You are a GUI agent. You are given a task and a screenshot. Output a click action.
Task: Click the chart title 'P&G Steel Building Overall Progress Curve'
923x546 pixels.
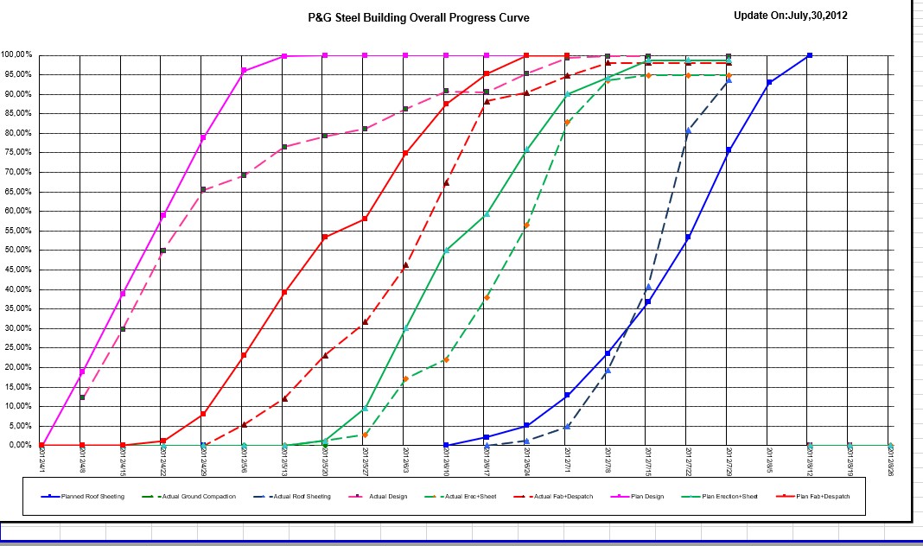(x=419, y=17)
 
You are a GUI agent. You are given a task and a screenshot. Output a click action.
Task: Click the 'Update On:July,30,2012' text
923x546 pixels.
(x=790, y=16)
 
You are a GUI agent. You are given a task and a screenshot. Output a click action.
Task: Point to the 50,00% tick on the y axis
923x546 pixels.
(x=17, y=250)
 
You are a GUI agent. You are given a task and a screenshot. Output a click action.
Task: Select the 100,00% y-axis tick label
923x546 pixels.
(x=17, y=54)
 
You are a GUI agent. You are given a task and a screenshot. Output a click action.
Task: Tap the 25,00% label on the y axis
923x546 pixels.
(x=17, y=347)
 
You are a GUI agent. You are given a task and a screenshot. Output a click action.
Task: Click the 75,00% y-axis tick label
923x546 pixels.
(x=17, y=152)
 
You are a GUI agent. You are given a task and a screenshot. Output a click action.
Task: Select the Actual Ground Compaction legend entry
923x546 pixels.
(x=201, y=497)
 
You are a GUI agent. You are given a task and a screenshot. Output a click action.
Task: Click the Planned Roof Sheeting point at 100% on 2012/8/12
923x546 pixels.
(x=809, y=55)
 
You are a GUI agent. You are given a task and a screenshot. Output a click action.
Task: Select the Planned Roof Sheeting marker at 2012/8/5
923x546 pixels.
(x=768, y=82)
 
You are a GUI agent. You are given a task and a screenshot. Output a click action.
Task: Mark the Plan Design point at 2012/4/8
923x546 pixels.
(x=82, y=371)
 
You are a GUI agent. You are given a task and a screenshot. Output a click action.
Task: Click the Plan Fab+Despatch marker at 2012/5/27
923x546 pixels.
(x=365, y=219)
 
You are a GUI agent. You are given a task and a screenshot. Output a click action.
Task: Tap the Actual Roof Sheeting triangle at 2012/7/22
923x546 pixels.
(x=688, y=130)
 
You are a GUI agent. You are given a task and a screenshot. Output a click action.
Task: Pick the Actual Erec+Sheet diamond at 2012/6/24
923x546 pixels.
(x=526, y=225)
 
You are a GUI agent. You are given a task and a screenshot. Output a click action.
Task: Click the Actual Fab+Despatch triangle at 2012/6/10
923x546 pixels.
(x=446, y=182)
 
